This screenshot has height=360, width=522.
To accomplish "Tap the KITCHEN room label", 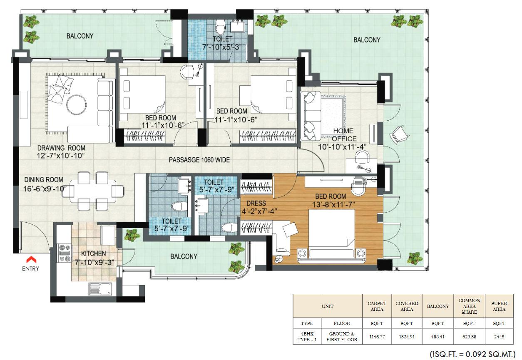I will [93, 253].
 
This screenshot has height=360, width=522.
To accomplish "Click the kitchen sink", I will [98, 288].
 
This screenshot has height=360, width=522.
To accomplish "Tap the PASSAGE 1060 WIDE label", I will [199, 160].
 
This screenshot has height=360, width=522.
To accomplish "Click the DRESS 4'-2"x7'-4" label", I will [259, 207].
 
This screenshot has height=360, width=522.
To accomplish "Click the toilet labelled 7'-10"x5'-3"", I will [217, 43].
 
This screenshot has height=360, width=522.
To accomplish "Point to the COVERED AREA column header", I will [407, 306].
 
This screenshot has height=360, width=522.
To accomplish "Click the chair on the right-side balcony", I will [400, 134].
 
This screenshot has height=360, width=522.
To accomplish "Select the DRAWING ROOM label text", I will [61, 148].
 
